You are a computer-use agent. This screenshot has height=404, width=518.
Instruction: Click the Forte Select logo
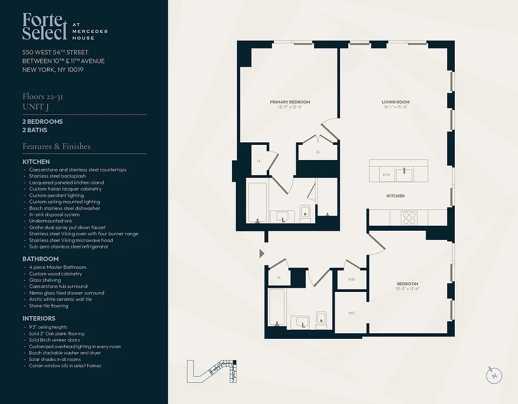(44, 27)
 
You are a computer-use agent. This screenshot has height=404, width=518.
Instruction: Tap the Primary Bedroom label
(290, 102)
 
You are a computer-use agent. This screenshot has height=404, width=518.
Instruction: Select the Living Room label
(395, 102)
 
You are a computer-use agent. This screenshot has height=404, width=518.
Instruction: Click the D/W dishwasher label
(386, 175)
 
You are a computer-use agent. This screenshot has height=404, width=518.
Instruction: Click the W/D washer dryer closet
(351, 279)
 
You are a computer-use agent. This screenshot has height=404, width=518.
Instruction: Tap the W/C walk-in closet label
(351, 313)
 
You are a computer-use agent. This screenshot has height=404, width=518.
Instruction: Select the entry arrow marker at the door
(261, 253)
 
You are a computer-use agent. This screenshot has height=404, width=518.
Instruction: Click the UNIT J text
(35, 107)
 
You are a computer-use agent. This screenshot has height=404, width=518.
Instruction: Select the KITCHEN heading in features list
(36, 162)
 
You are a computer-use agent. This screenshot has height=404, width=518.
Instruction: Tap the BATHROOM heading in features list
(40, 259)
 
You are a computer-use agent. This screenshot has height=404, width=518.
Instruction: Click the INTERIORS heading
(39, 319)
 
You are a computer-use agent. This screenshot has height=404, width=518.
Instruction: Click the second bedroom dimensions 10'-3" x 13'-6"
(407, 289)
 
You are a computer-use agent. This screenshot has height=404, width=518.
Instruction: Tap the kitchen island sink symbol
(404, 174)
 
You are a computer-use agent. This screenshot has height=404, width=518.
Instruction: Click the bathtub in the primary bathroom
(258, 202)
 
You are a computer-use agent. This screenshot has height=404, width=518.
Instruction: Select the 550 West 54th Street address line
(55, 53)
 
